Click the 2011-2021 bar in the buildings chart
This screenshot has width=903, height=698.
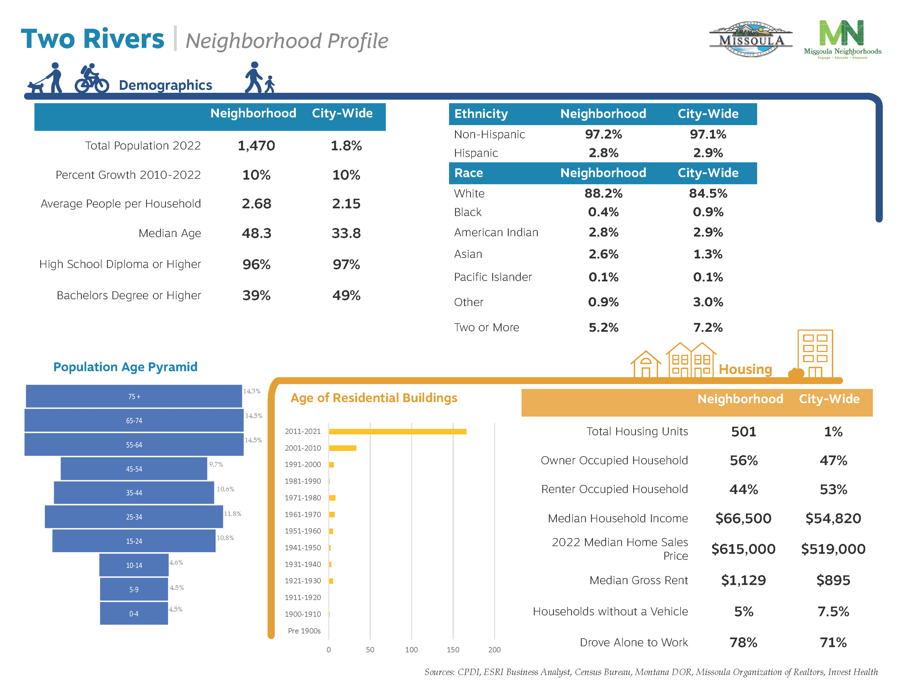[x=397, y=431]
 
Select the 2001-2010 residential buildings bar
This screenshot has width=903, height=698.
[x=342, y=448]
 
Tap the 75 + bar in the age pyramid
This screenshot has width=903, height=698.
[x=134, y=396]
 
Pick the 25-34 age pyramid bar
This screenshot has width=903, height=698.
[x=134, y=517]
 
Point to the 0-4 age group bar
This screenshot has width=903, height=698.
[x=134, y=614]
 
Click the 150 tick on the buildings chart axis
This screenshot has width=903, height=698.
[x=453, y=650]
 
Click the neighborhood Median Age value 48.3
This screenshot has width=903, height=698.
[x=256, y=233]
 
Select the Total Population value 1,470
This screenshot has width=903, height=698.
[x=256, y=146]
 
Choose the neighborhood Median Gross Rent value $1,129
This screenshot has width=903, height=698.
[x=743, y=580]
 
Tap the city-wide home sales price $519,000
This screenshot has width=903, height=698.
[x=833, y=549]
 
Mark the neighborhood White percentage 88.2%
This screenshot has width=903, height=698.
[x=603, y=193]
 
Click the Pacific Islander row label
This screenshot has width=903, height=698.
[x=493, y=277]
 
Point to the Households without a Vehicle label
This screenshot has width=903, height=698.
[x=610, y=611]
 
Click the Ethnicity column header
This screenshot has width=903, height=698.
[x=481, y=114]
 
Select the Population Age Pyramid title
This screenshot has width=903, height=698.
[x=125, y=367]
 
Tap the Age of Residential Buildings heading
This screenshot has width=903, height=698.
[x=374, y=398]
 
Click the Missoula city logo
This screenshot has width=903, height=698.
[x=751, y=39]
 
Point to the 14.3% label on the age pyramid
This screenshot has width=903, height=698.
[x=251, y=391]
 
